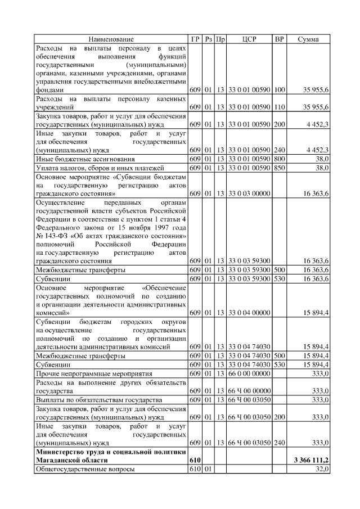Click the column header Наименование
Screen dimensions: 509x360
coord(111,39)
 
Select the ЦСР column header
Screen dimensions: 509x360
coord(249,39)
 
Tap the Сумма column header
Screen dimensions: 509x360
coord(308,39)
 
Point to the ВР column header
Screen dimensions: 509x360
coord(279,39)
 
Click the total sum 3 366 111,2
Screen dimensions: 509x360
coord(311,460)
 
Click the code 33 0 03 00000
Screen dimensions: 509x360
coord(249,193)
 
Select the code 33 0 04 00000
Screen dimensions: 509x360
coord(249,312)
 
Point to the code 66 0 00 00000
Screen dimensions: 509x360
coord(249,373)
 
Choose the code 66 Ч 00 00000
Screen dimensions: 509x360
coord(249,391)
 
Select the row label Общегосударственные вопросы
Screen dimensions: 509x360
coord(84,469)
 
